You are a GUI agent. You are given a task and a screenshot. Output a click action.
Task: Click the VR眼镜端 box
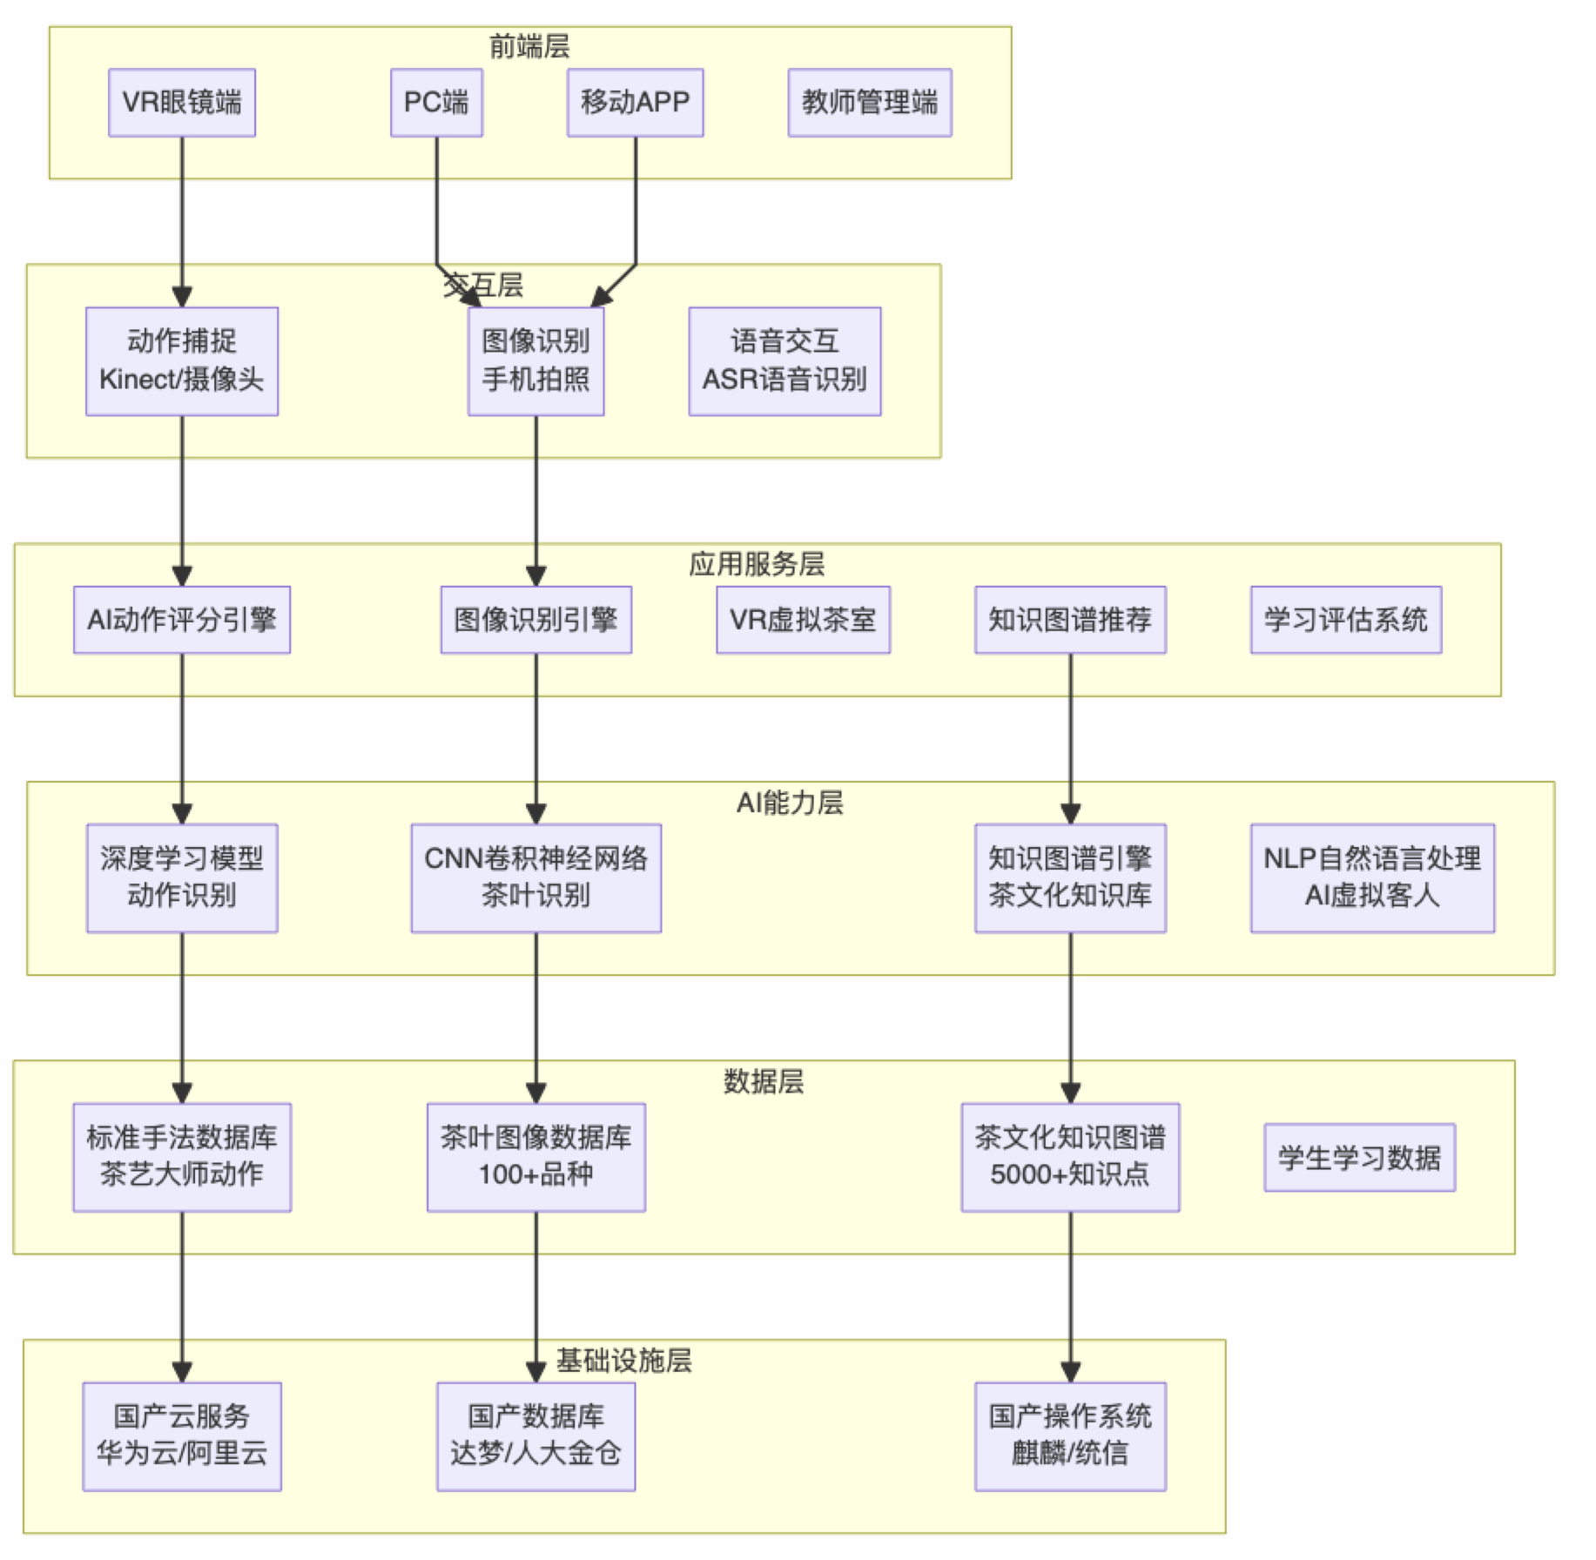(181, 103)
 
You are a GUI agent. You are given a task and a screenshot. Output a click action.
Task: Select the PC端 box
(436, 103)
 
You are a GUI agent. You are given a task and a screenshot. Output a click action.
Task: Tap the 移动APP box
(635, 103)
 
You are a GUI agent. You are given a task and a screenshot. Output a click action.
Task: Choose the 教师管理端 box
(869, 103)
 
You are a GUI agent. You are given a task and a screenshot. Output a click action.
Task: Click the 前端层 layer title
(529, 46)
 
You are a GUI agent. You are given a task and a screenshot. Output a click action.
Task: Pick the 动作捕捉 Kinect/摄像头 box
(181, 360)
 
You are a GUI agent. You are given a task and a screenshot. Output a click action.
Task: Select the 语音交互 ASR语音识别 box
(784, 360)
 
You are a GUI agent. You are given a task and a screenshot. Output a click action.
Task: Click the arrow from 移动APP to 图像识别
(635, 218)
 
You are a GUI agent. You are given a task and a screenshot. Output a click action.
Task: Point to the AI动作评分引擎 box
(181, 620)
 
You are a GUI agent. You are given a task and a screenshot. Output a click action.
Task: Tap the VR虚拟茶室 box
(802, 620)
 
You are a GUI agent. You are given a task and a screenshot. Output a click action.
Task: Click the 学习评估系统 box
(1345, 620)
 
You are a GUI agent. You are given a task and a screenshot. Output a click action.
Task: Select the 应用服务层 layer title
(756, 564)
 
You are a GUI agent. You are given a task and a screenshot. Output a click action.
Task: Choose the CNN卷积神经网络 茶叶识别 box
(535, 877)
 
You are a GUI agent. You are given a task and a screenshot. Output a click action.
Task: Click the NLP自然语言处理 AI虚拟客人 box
(1371, 877)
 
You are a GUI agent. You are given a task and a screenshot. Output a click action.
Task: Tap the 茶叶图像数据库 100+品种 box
(535, 1157)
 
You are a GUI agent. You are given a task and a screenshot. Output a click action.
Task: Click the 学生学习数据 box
(1358, 1157)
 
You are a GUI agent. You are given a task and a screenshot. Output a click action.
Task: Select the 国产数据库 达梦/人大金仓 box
(535, 1436)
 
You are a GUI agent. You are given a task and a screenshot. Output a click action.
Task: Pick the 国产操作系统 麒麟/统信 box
(1069, 1436)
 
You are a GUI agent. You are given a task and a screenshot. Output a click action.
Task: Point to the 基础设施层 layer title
(623, 1361)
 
